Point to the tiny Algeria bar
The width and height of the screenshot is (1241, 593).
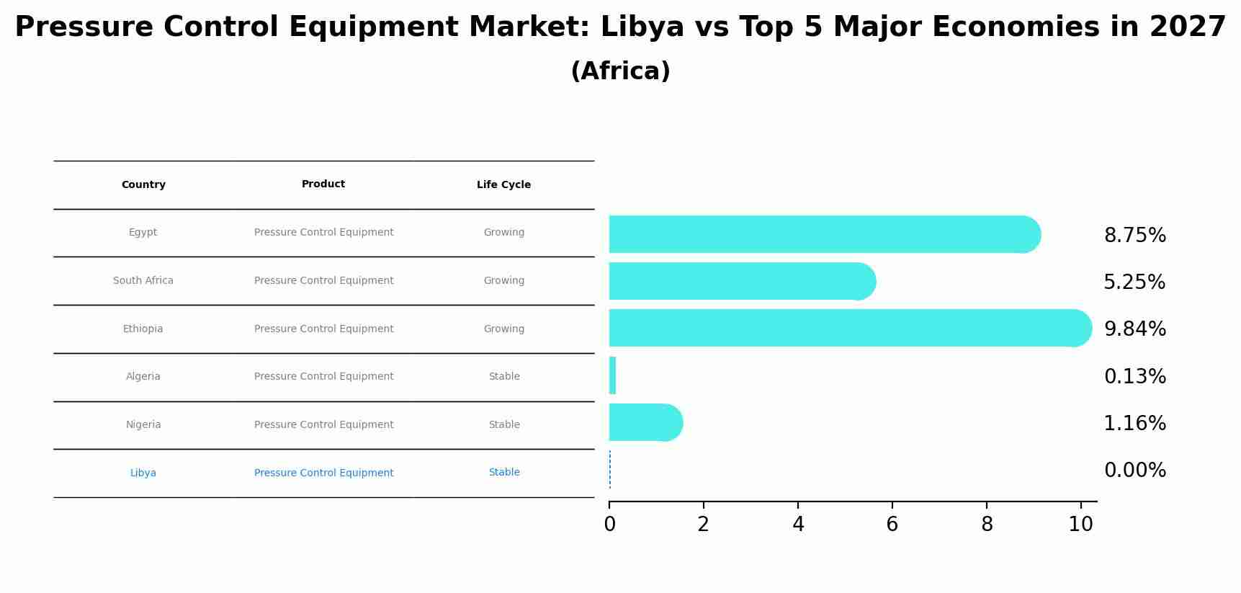tap(612, 375)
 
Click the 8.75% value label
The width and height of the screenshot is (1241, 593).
tap(1134, 236)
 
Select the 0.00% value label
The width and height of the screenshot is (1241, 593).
tap(1134, 471)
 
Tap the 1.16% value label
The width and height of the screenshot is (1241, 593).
tap(1134, 424)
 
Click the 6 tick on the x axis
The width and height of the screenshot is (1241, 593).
tap(892, 525)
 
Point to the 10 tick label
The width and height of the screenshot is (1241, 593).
tap(1080, 525)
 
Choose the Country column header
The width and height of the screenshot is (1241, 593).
tap(143, 185)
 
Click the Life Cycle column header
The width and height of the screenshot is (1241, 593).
tap(503, 185)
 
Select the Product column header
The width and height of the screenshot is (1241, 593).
tap(323, 184)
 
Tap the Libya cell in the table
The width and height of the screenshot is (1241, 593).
tap(143, 473)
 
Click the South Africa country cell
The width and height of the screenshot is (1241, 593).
tap(143, 281)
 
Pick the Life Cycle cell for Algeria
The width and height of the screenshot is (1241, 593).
tap(504, 377)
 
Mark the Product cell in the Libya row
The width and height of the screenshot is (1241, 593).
tap(323, 473)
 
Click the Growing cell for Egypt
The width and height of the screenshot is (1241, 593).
tap(504, 233)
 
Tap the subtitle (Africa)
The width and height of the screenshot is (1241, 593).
tap(620, 71)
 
